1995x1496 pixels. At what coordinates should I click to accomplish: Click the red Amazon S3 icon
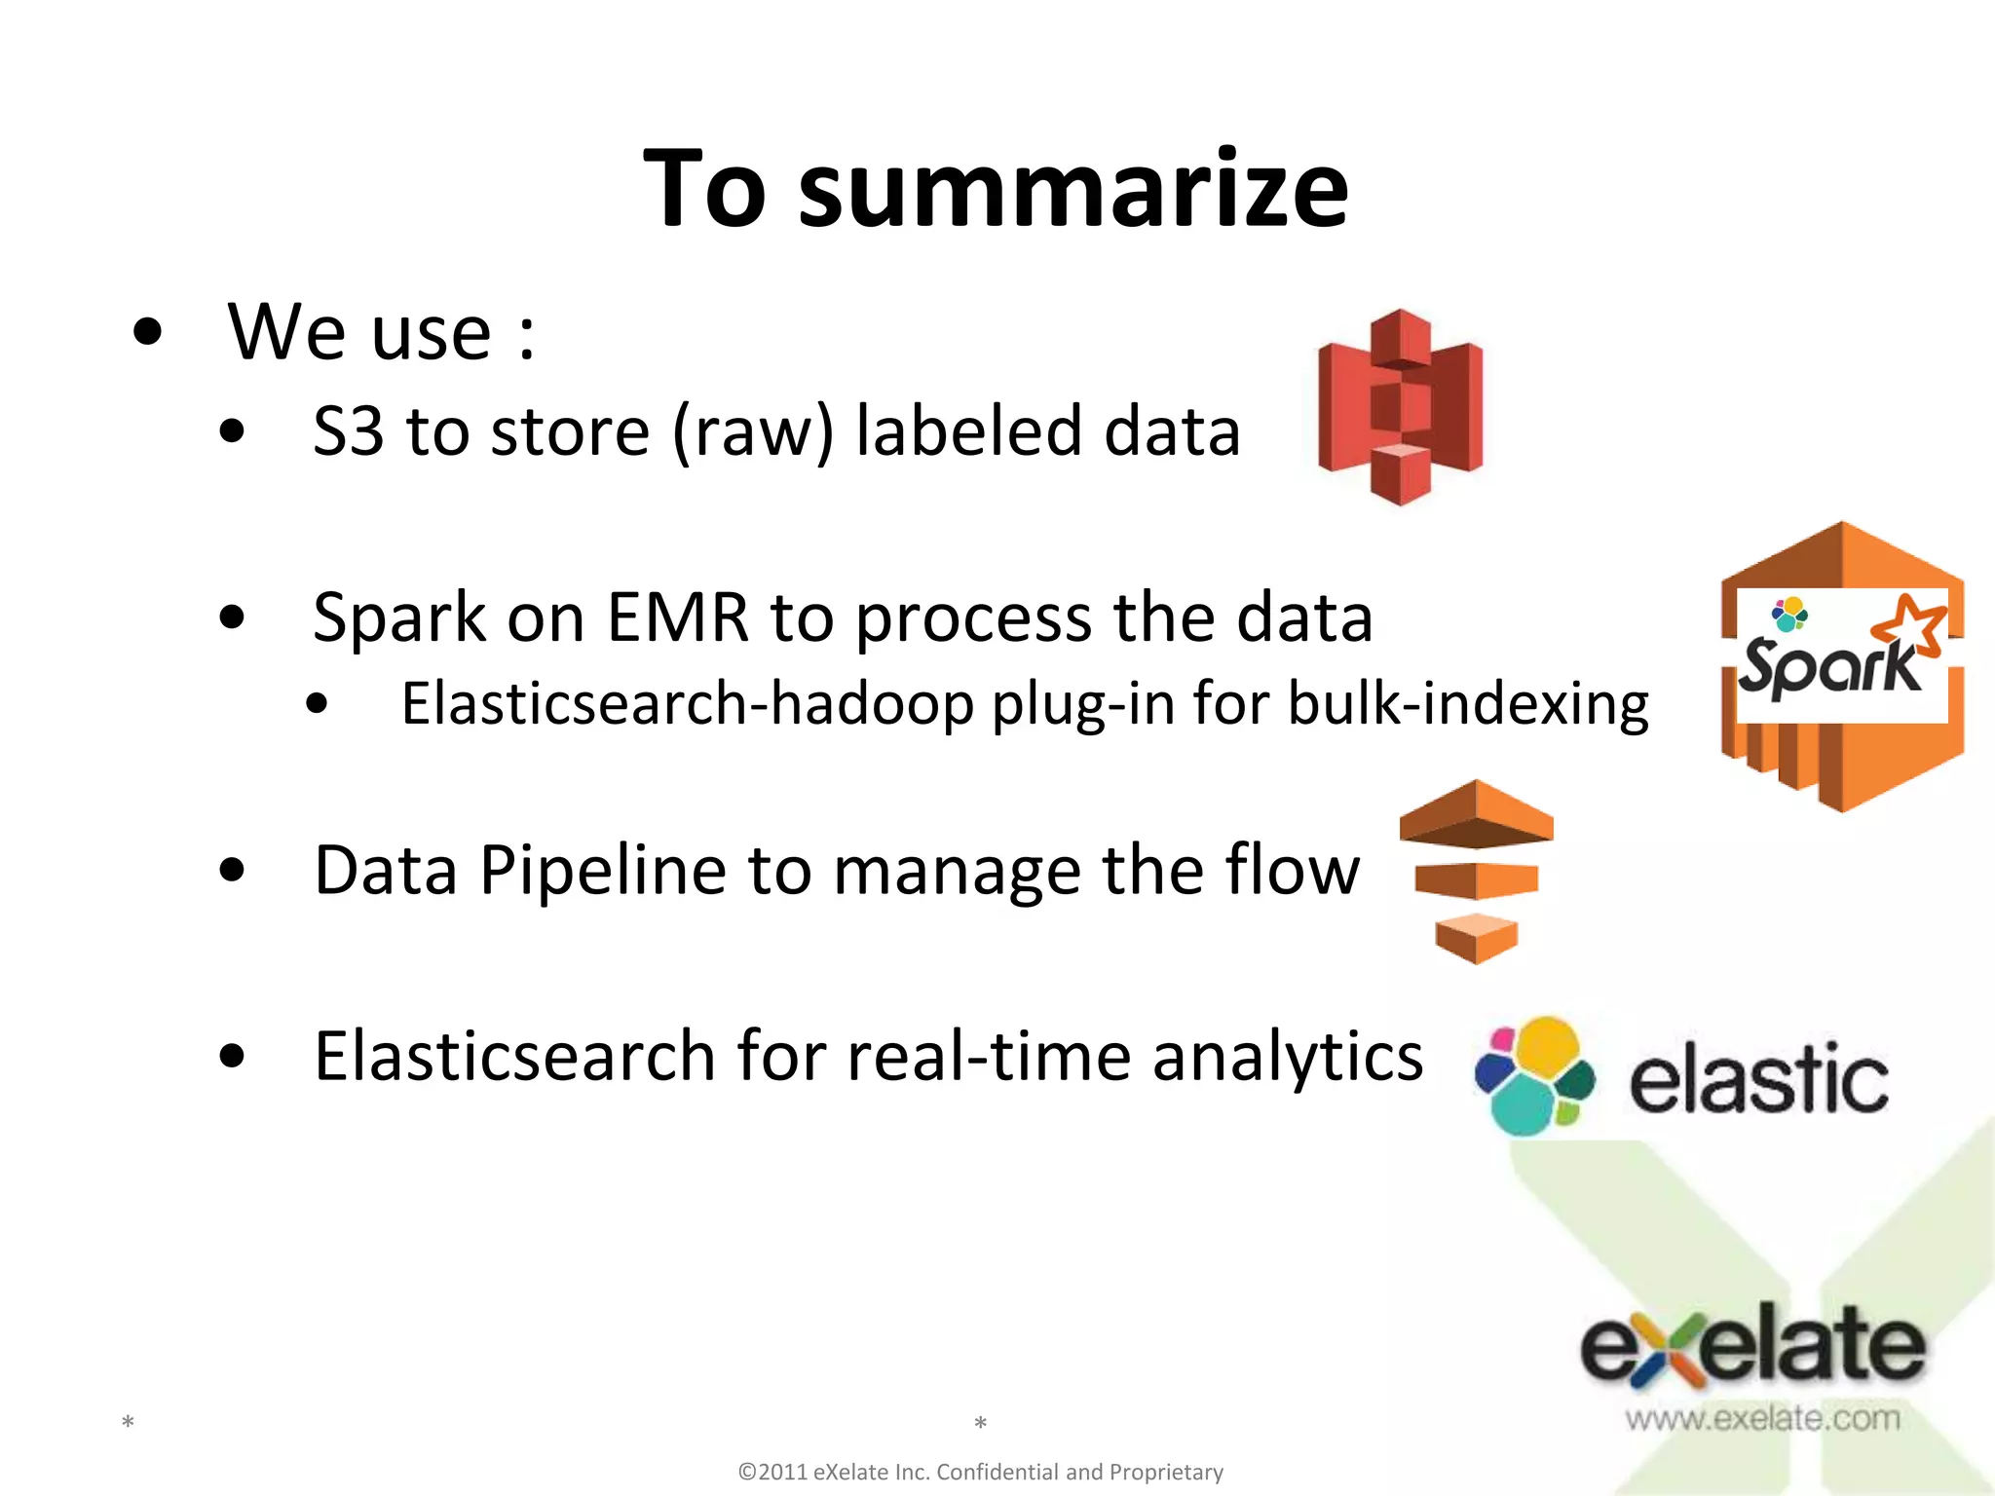[1400, 407]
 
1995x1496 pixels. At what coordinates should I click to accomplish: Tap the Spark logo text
[1829, 666]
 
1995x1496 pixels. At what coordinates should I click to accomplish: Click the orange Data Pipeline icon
[1476, 871]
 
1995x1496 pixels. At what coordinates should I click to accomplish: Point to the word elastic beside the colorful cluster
[1758, 1079]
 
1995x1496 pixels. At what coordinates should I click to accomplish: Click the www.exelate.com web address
[1762, 1418]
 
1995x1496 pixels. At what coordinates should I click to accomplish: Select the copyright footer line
[980, 1472]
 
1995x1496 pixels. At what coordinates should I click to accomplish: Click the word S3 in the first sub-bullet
[348, 431]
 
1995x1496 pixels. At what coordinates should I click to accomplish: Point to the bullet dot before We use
[147, 333]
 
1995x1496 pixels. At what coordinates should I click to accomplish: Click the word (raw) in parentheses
[753, 431]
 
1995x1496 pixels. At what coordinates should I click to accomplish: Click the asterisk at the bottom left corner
[128, 1424]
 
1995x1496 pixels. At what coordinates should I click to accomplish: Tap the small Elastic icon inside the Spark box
[1789, 615]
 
